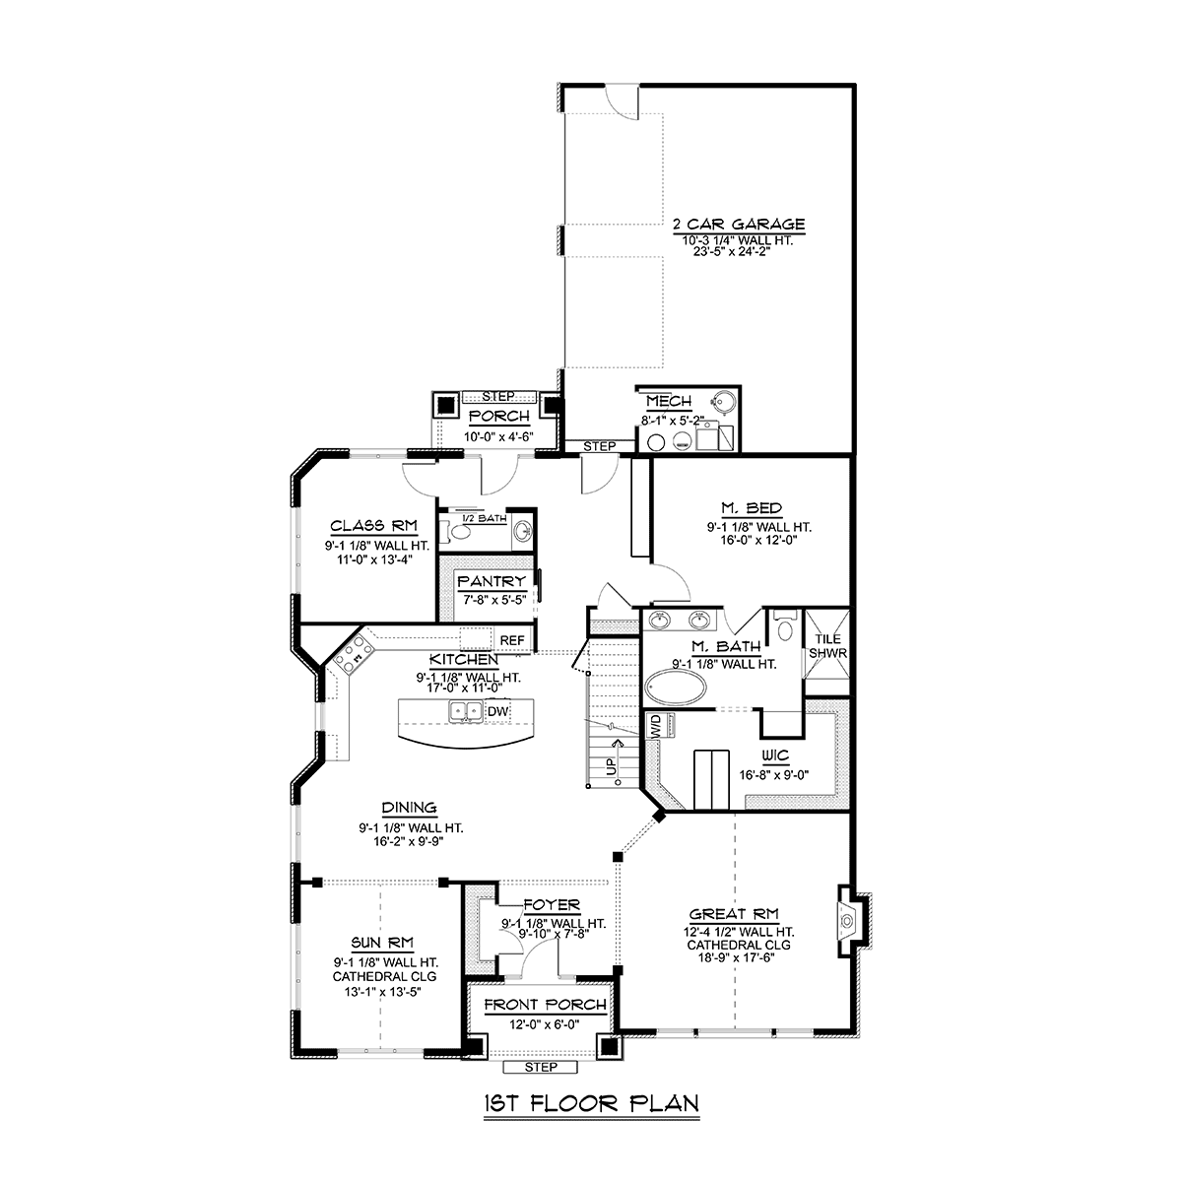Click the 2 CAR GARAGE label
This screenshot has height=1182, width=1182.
click(739, 225)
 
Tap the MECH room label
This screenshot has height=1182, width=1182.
click(669, 402)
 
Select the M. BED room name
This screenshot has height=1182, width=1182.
click(752, 508)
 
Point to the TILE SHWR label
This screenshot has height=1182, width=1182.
click(827, 646)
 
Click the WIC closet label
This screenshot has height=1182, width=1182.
click(775, 755)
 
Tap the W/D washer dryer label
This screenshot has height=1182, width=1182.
click(655, 726)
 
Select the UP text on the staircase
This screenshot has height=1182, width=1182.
click(611, 767)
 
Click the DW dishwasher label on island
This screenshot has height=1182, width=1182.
click(497, 711)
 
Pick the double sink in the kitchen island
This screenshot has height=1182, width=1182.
click(466, 711)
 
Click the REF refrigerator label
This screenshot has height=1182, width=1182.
click(512, 640)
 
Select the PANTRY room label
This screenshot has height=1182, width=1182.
click(492, 581)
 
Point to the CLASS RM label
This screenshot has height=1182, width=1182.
click(373, 526)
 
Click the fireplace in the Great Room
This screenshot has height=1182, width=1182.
click(848, 921)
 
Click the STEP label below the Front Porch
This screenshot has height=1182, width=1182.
click(541, 1068)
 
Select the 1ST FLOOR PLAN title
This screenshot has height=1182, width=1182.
click(591, 1104)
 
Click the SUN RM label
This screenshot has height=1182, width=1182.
click(382, 943)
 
